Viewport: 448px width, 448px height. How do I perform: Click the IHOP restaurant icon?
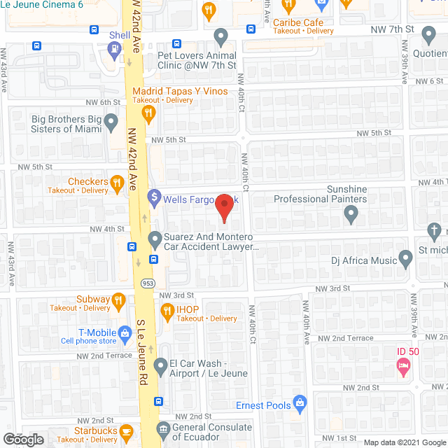(x=167, y=309)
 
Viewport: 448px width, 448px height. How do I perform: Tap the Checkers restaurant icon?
(x=117, y=182)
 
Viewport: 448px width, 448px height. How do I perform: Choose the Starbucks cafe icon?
(x=126, y=430)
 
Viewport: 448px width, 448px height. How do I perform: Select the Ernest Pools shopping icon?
(x=301, y=402)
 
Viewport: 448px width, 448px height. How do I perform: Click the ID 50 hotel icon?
(x=402, y=364)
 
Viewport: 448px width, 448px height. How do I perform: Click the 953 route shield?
(x=148, y=283)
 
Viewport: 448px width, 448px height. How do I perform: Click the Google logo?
(x=22, y=439)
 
